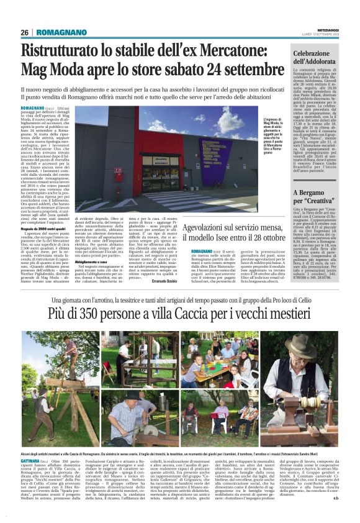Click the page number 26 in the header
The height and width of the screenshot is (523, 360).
[x=25, y=32]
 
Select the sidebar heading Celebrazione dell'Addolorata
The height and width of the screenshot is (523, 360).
[x=315, y=58]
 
